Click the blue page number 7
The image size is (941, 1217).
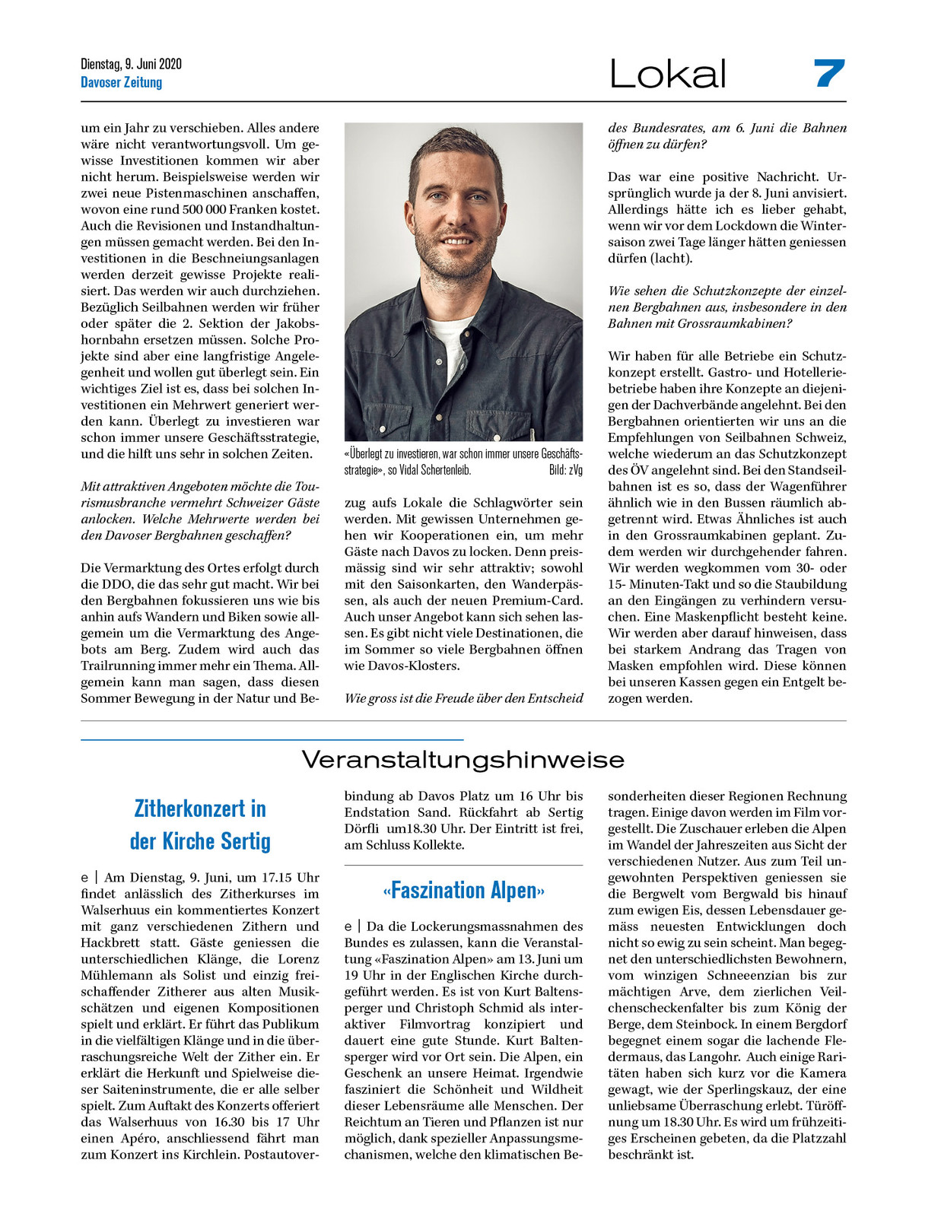828,73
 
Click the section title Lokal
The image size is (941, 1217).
668,74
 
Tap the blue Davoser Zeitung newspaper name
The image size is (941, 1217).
122,82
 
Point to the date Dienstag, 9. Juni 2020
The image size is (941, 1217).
131,64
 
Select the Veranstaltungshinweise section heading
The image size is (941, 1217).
463,759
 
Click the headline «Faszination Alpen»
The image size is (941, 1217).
463,890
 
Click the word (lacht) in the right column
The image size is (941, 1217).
672,259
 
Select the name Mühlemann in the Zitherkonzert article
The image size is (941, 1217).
113,975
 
